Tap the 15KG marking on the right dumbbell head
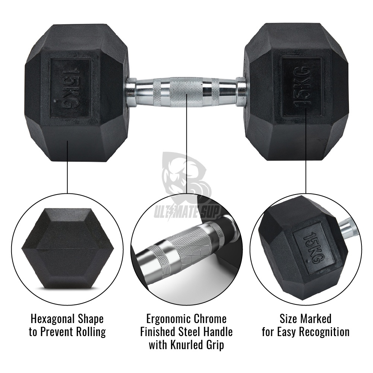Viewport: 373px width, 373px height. pyautogui.click(x=302, y=87)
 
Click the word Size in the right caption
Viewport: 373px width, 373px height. pyautogui.click(x=288, y=319)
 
